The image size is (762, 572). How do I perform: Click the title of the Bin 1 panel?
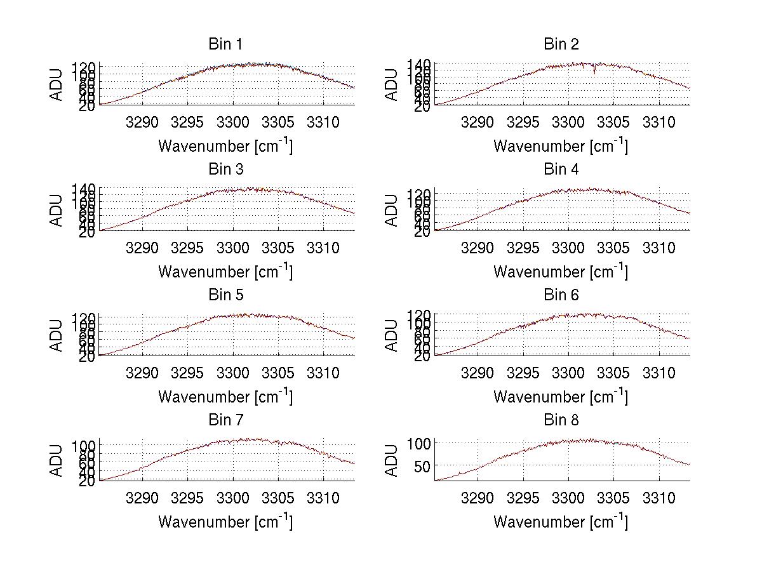coord(225,44)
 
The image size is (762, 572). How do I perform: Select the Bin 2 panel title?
coord(561,44)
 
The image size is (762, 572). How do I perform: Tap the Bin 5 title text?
coord(225,295)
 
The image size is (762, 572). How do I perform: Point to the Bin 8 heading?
coord(561,420)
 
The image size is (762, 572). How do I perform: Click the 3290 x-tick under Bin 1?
coord(142,122)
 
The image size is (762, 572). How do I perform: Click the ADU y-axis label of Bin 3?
coord(57,210)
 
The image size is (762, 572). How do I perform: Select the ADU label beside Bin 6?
coord(392,335)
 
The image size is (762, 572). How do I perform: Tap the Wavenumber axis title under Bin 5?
coord(225,397)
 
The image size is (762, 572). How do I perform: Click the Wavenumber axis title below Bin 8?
coord(561,522)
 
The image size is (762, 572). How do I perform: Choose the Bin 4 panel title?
coord(561,170)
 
